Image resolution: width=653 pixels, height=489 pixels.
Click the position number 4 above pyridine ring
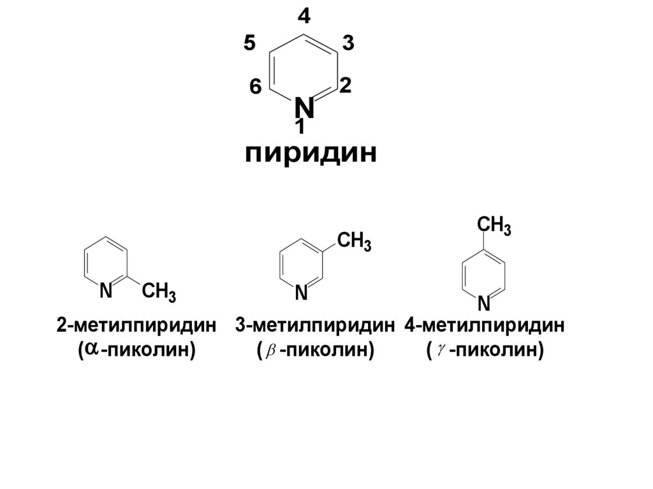[x=304, y=16]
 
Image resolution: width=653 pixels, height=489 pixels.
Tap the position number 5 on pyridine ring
[x=249, y=44]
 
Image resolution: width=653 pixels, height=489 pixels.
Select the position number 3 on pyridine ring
[x=348, y=43]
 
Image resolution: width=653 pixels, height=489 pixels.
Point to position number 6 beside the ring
[x=255, y=87]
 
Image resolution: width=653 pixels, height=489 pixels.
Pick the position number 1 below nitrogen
[x=300, y=128]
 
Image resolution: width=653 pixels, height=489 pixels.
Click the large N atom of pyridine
[x=304, y=108]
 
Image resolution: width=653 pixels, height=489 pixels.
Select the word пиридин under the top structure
[x=311, y=154]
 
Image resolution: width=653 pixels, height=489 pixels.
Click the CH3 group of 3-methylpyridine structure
[x=354, y=242]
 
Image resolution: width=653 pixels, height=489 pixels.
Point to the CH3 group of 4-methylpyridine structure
[x=494, y=226]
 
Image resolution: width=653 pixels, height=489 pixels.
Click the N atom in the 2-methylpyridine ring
[x=106, y=291]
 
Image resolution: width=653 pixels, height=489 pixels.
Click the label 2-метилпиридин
[x=136, y=326]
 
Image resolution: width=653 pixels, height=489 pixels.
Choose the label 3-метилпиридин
[x=315, y=326]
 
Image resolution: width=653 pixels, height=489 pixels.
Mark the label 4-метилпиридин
[x=485, y=326]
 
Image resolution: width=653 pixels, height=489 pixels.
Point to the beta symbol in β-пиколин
[x=268, y=351]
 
